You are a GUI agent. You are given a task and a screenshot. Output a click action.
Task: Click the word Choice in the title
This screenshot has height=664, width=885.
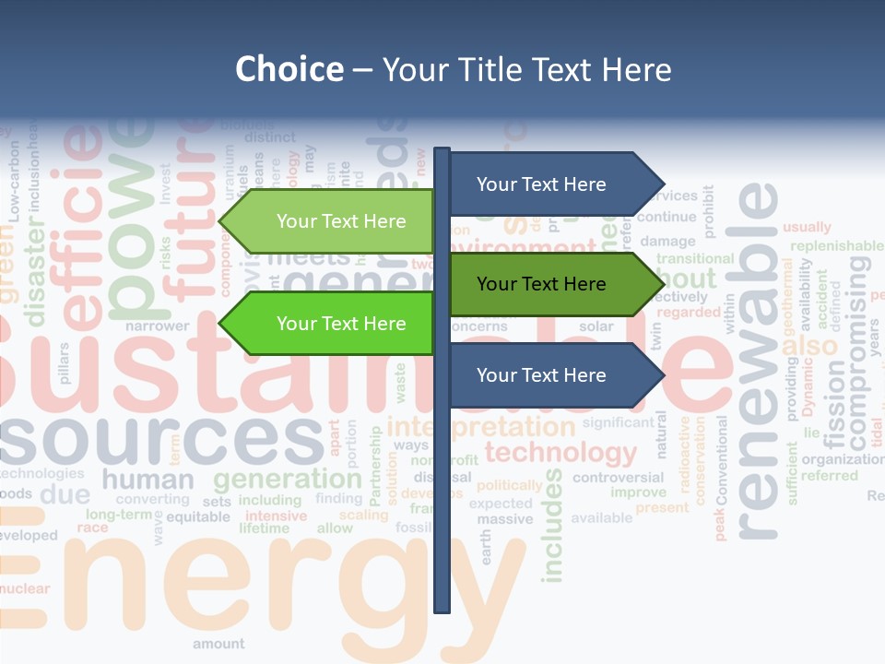(289, 70)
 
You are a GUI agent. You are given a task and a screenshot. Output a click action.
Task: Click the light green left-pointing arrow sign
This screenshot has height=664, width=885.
(332, 221)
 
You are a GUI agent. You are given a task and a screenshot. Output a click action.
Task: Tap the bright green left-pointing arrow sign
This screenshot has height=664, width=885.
(332, 324)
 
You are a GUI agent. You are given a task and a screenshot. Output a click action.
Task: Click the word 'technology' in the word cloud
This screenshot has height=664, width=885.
(560, 453)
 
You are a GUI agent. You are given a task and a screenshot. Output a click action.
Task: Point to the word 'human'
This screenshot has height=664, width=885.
(147, 480)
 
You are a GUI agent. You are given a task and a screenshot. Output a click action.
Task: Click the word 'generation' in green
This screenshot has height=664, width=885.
(287, 479)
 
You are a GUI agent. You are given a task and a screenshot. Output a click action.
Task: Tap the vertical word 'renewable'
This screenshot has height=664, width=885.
(758, 360)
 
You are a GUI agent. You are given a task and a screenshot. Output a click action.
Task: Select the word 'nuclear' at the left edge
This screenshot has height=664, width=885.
(25, 588)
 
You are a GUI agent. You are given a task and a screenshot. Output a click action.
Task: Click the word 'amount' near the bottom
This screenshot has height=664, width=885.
(218, 644)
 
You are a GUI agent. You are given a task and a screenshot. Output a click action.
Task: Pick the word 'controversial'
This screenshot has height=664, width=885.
(618, 478)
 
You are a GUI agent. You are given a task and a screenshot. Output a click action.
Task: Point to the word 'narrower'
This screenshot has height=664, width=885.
(157, 326)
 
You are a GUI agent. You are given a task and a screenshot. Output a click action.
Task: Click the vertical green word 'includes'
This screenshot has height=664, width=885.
(552, 526)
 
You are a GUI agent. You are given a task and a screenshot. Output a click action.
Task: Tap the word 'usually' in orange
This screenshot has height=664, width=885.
(807, 227)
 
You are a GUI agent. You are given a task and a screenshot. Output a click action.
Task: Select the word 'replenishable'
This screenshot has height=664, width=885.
(836, 246)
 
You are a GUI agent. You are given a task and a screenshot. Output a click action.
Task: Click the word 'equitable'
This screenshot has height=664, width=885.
(198, 516)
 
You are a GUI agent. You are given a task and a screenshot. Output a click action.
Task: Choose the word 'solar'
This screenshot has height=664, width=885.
(596, 326)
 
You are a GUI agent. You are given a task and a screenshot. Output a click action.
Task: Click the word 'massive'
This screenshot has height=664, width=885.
(504, 519)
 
